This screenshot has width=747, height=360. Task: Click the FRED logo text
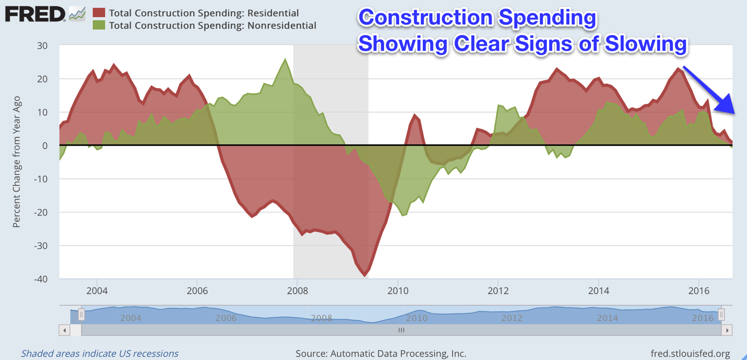(x=35, y=14)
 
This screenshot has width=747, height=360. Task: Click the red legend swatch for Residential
(x=99, y=13)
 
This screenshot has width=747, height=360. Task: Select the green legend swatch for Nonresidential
(x=99, y=25)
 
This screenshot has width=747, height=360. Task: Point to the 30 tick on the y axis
(x=42, y=46)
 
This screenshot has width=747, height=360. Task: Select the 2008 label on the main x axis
(x=297, y=291)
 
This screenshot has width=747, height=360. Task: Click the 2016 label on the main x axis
(x=699, y=291)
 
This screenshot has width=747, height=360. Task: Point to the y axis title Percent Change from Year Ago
(x=17, y=162)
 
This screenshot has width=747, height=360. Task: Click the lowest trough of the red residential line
(x=364, y=275)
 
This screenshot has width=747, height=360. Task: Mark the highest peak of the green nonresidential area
(x=285, y=59)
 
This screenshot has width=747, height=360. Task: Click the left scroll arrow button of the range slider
(x=65, y=330)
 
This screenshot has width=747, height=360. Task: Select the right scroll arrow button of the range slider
(x=727, y=330)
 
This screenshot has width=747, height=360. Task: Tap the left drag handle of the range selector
(x=81, y=315)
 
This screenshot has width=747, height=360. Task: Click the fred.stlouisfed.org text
(x=690, y=354)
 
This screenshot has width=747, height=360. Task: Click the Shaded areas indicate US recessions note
(x=100, y=354)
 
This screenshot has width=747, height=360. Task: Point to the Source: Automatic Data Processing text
(x=381, y=354)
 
